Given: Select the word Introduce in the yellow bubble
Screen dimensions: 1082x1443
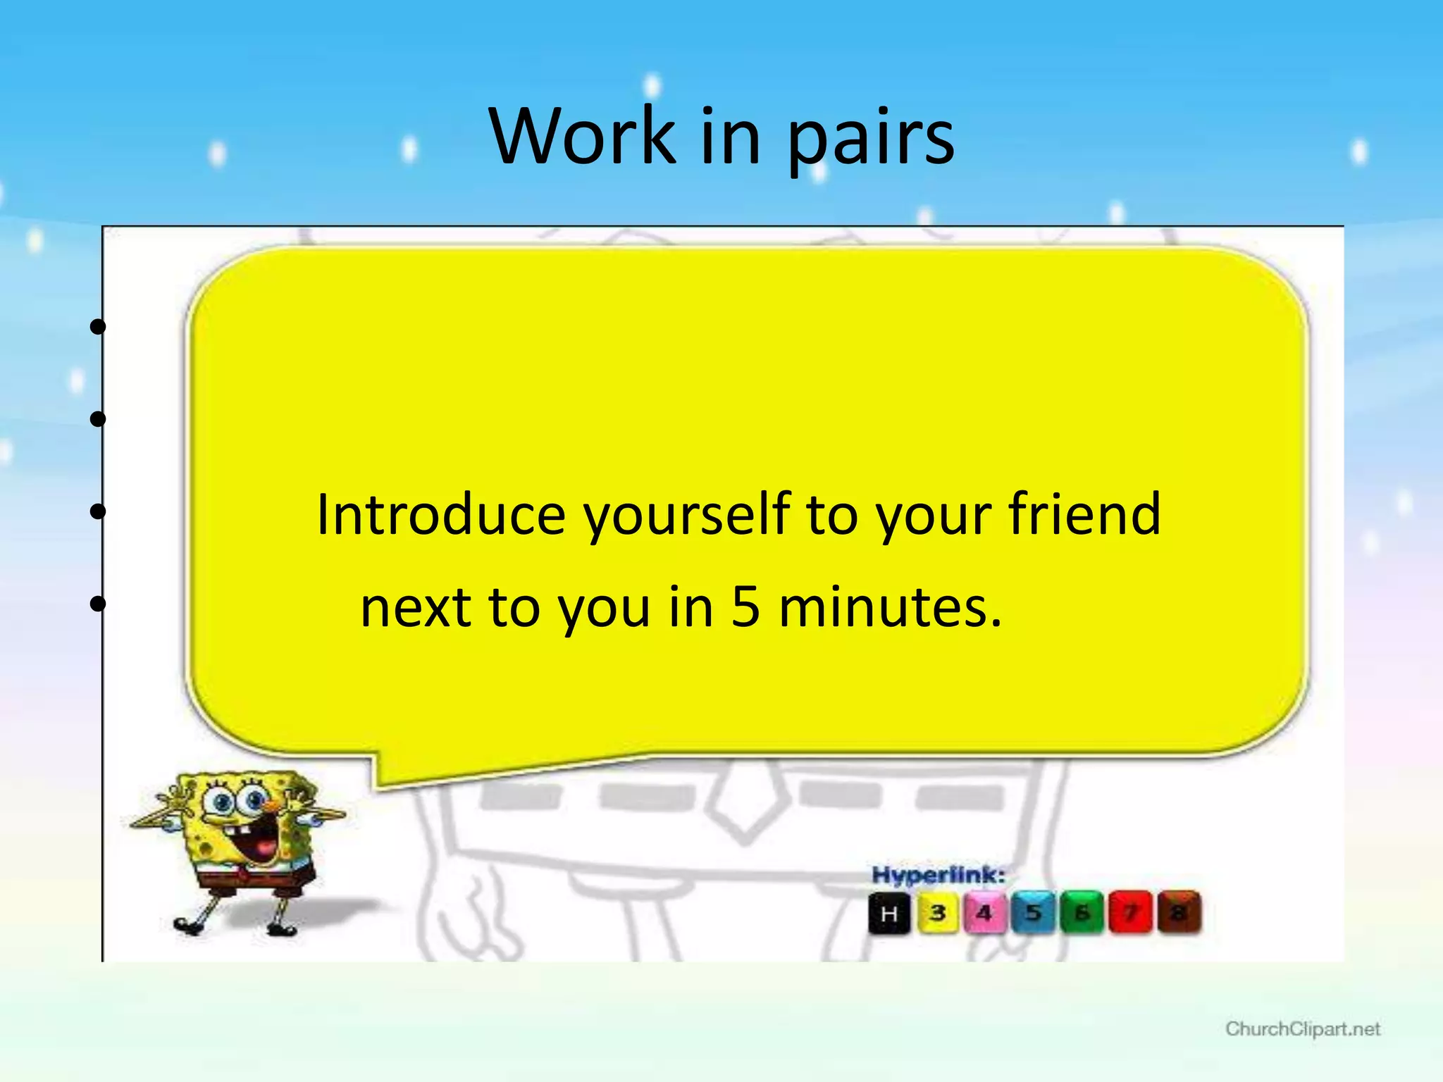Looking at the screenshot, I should click(440, 514).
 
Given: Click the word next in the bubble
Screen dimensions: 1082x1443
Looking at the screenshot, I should click(414, 607).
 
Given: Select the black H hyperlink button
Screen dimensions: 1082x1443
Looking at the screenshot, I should click(889, 914).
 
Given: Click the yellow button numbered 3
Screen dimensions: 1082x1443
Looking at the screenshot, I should click(938, 913).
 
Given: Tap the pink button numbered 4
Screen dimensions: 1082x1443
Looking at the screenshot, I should click(984, 913).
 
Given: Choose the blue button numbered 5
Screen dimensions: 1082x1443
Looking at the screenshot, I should click(1034, 913).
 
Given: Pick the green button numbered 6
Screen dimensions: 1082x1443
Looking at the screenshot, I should click(1082, 913).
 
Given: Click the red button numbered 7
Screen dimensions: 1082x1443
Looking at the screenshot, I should click(1130, 913).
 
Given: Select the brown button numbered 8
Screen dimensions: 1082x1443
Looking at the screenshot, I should click(1179, 913).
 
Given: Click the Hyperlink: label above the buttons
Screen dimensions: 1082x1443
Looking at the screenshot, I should click(938, 876).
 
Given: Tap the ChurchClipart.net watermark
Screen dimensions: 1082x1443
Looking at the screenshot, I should click(1302, 1029).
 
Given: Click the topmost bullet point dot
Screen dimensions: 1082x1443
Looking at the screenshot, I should click(98, 326).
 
